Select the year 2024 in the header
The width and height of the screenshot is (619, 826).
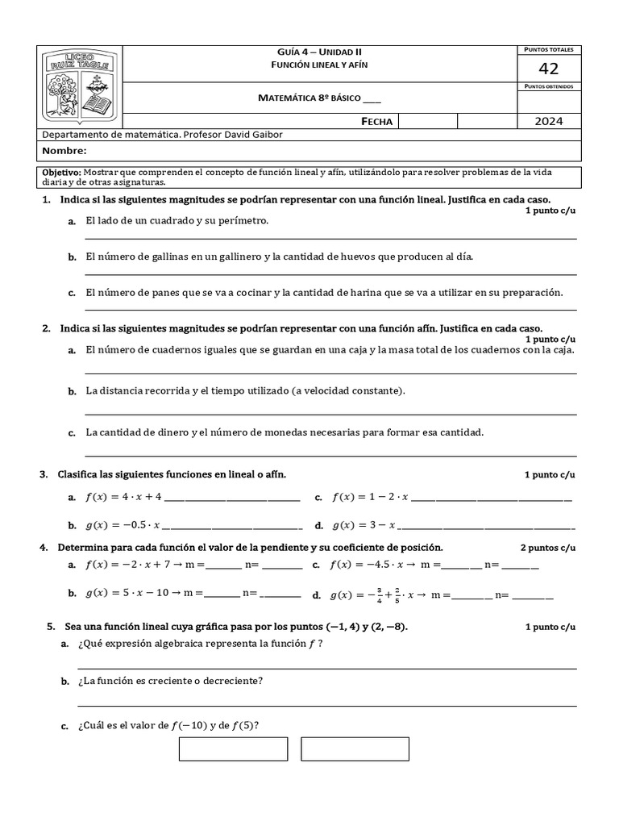[548, 121]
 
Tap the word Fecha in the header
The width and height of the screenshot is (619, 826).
[377, 121]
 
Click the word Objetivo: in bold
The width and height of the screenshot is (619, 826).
[61, 173]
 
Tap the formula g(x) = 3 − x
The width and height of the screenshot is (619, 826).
[364, 525]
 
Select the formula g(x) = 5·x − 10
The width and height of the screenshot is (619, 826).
[127, 593]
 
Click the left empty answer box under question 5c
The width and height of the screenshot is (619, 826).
[233, 749]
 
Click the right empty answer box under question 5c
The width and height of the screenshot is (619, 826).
[355, 749]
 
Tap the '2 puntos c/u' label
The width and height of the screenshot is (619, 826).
[548, 548]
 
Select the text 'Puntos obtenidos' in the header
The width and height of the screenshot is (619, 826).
[548, 86]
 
